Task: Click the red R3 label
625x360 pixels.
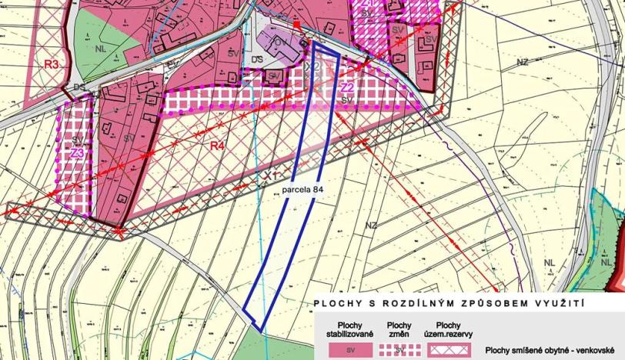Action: pyautogui.click(x=52, y=64)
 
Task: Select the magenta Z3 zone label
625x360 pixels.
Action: pyautogui.click(x=77, y=153)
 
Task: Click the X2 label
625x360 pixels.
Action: pyautogui.click(x=312, y=68)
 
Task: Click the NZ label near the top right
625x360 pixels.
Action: pyautogui.click(x=523, y=62)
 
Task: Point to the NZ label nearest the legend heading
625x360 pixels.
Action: pyautogui.click(x=372, y=225)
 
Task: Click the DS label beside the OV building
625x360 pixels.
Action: pyautogui.click(x=256, y=58)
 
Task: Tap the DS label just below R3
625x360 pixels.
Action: pyautogui.click(x=78, y=87)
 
